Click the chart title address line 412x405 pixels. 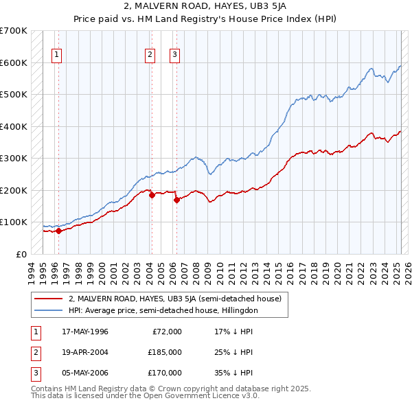(206, 7)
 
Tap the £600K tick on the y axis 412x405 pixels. (14, 62)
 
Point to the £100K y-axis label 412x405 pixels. (14, 222)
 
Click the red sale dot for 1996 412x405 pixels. (59, 231)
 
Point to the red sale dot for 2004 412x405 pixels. (152, 195)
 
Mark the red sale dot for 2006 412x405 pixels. (176, 200)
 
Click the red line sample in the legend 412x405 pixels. (48, 299)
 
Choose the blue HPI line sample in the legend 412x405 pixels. (48, 310)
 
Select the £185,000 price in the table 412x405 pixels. (165, 352)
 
